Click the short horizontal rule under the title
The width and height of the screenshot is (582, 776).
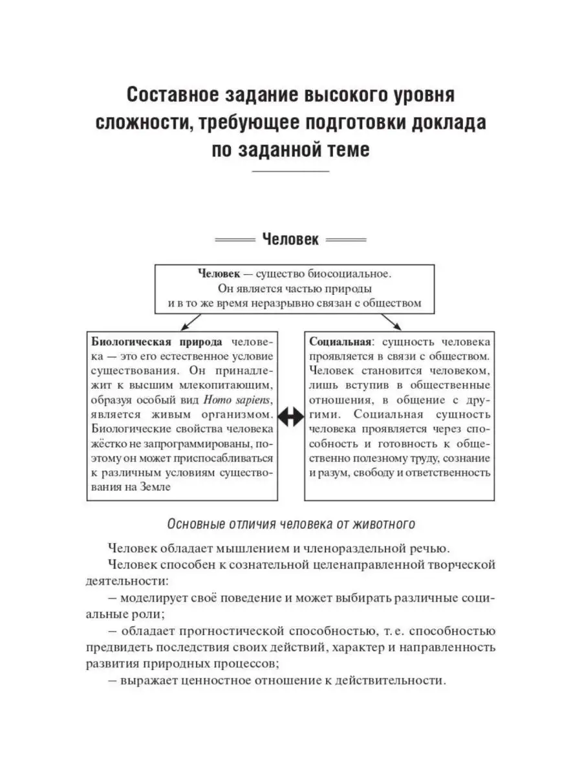(290, 171)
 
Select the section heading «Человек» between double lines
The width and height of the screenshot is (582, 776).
(290, 240)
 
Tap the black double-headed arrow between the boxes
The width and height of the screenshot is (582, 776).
(290, 417)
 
